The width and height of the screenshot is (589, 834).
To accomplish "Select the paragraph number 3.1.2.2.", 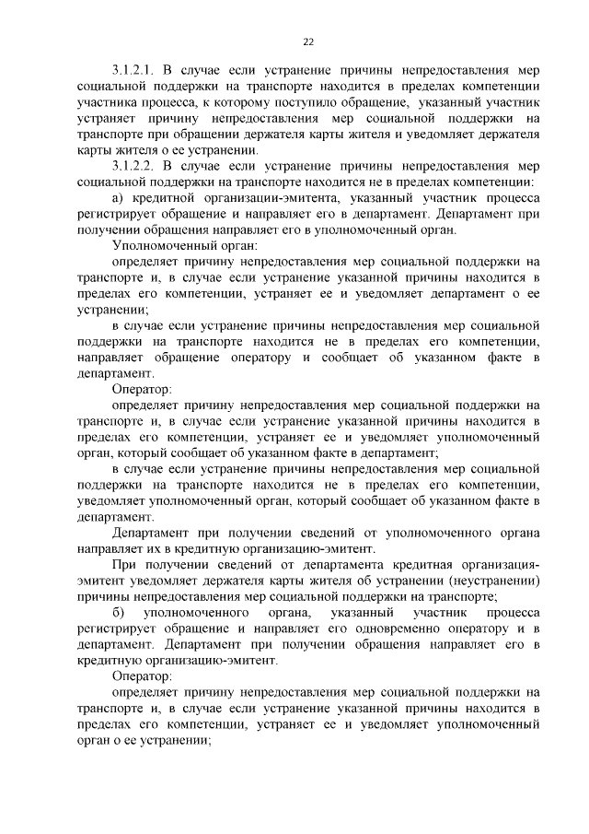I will [x=133, y=166].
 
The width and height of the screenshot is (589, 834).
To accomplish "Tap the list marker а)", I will [x=117, y=198].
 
